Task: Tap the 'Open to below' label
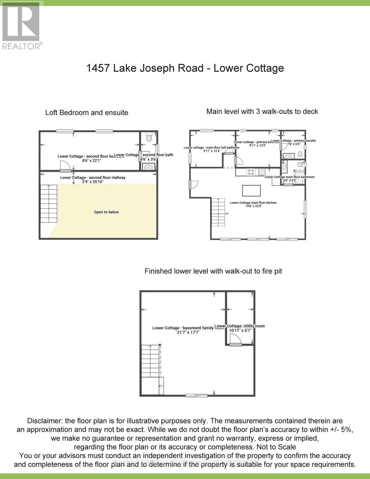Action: coord(106,212)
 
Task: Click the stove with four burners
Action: coord(251,172)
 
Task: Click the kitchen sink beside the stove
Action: coord(261,172)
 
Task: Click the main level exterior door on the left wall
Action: coord(192,184)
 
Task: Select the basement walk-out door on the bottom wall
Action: coord(197,396)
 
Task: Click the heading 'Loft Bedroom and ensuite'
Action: coord(87,113)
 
